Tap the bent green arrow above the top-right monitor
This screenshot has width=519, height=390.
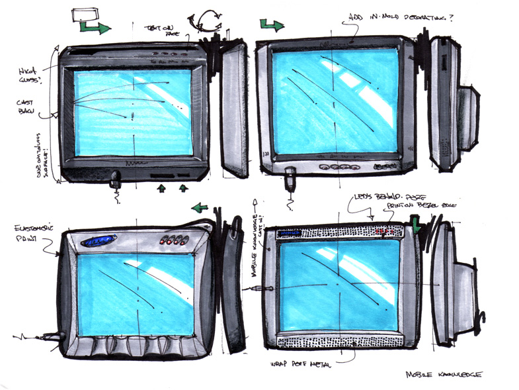pyautogui.click(x=272, y=25)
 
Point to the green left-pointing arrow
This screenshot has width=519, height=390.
pyautogui.click(x=199, y=207)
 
